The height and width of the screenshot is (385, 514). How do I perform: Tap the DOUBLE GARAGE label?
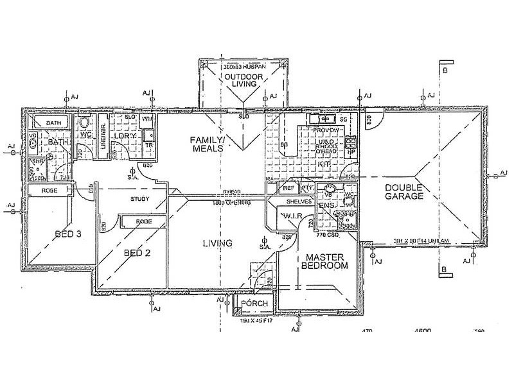404,192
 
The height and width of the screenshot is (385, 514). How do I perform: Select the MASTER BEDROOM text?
325,261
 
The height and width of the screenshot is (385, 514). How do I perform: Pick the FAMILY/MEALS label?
206,143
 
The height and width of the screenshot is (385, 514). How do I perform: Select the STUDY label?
139,199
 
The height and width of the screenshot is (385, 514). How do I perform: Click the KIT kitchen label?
324,164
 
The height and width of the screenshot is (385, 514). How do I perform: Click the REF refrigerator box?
288,188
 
